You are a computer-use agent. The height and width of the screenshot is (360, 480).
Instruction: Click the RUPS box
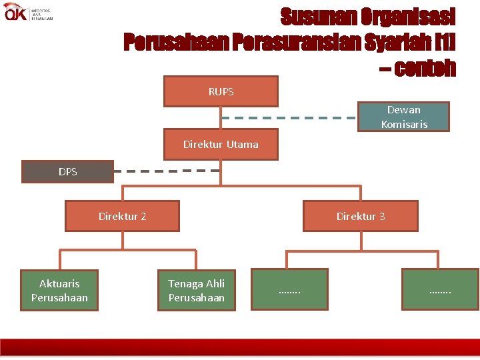pyautogui.click(x=221, y=92)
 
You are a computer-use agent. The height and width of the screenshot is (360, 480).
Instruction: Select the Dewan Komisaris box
pyautogui.click(x=404, y=117)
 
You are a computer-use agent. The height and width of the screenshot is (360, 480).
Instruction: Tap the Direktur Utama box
pyautogui.click(x=221, y=145)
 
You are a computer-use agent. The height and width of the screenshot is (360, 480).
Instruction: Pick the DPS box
pyautogui.click(x=67, y=172)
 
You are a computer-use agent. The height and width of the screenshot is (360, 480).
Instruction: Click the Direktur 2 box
pyautogui.click(x=122, y=216)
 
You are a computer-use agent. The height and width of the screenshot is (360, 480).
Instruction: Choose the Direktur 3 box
pyautogui.click(x=360, y=216)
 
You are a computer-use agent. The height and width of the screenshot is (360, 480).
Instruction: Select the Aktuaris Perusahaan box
pyautogui.click(x=59, y=290)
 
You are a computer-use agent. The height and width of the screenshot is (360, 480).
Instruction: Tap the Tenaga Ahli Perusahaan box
pyautogui.click(x=196, y=290)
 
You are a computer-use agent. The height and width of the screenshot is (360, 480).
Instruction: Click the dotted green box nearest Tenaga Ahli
pyautogui.click(x=289, y=289)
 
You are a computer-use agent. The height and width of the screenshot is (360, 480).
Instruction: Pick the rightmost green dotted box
pyautogui.click(x=440, y=289)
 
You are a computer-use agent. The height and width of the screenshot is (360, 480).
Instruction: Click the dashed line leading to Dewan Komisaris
pyautogui.click(x=289, y=118)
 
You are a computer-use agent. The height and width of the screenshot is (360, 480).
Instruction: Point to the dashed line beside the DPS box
pyautogui.click(x=167, y=171)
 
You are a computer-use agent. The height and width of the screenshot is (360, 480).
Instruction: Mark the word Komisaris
pyautogui.click(x=404, y=124)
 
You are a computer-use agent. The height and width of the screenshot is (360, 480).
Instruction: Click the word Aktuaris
pyautogui.click(x=59, y=283)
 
